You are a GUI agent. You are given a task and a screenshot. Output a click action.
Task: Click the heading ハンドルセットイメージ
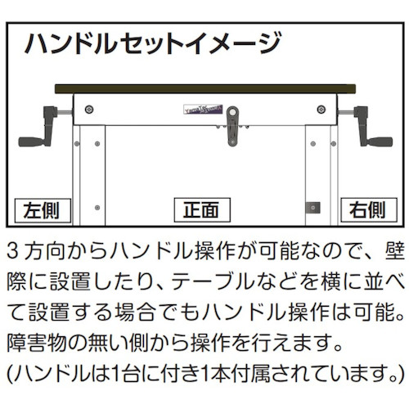point(153,43)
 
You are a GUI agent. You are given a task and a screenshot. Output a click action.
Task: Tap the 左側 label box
point(43,210)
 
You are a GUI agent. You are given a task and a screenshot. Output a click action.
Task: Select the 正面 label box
point(202,210)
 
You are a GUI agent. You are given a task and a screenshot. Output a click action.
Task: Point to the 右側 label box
point(369,210)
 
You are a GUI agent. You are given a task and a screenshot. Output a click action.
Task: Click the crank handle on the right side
point(366,127)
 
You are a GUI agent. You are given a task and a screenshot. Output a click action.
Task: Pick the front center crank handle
point(232,126)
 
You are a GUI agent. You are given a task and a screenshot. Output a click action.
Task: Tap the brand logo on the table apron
point(203,110)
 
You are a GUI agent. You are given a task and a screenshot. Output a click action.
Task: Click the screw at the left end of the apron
point(89,110)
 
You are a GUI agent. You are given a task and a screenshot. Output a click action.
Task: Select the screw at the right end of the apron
point(321,110)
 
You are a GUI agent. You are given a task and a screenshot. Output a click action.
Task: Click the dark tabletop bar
point(205,89)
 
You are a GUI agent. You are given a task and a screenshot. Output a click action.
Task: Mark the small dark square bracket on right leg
point(313,208)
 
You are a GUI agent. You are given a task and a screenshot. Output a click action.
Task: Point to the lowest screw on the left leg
point(97,208)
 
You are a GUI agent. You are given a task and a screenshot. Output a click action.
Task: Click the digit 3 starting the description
point(13,251)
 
